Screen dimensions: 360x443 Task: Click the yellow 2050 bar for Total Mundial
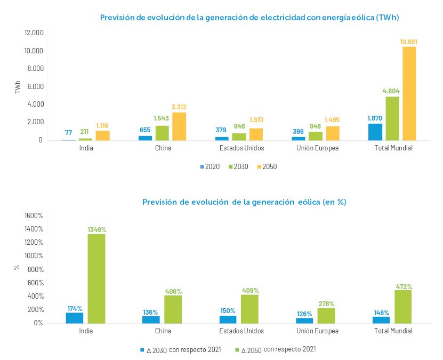pyautogui.click(x=409, y=93)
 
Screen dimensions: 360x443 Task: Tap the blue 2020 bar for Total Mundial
pyautogui.click(x=375, y=132)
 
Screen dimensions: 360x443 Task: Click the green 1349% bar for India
pyautogui.click(x=96, y=278)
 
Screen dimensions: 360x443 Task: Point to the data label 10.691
pyautogui.click(x=409, y=41)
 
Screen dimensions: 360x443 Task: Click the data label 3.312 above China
pyautogui.click(x=179, y=107)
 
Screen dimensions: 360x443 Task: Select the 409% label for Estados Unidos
pyautogui.click(x=250, y=290)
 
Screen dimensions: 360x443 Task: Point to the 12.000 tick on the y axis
pyautogui.click(x=34, y=33)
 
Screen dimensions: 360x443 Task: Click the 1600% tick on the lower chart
pyautogui.click(x=34, y=215)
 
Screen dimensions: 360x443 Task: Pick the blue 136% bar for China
pyautogui.click(x=151, y=319)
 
